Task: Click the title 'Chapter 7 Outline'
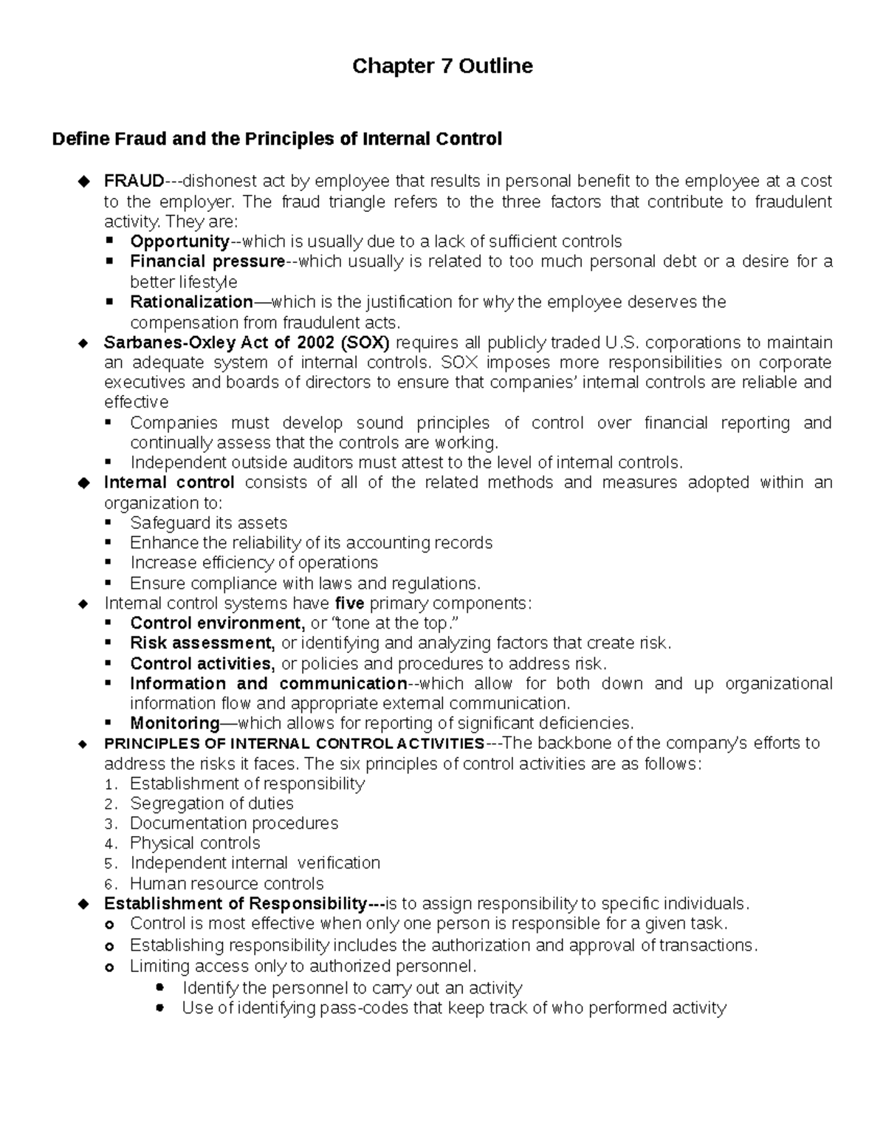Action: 442,66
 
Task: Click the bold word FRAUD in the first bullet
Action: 134,181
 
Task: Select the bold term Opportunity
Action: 179,242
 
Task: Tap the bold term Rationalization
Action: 191,302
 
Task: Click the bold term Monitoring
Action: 175,723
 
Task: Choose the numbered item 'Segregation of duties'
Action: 212,804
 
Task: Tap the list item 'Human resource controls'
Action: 227,884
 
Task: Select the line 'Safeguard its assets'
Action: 208,523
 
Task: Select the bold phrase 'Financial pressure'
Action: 207,261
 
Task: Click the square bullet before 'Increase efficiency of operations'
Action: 109,563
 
